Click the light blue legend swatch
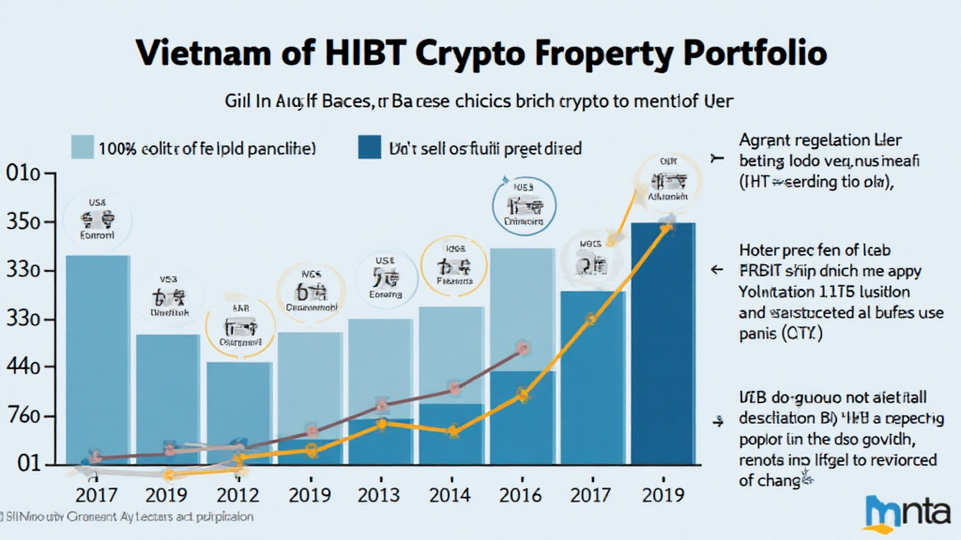(83, 147)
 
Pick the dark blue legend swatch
(370, 147)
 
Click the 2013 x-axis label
(379, 494)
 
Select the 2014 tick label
(452, 494)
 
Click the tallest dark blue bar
(663, 347)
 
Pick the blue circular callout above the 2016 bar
(523, 203)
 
